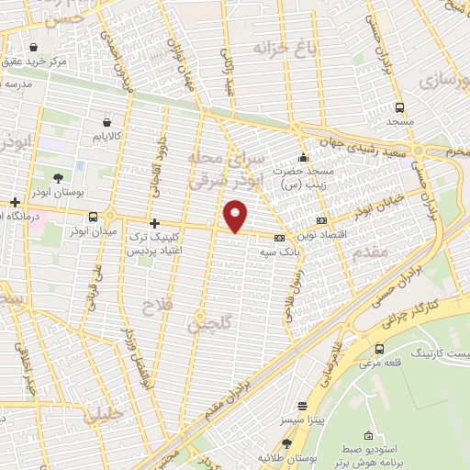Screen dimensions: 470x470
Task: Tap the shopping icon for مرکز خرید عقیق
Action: pyautogui.click(x=34, y=47)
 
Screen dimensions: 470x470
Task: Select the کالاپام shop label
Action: pyautogui.click(x=108, y=137)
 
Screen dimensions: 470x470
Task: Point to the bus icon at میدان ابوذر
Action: pyautogui.click(x=94, y=217)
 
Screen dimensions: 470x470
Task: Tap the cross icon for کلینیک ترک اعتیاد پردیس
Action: pyautogui.click(x=154, y=223)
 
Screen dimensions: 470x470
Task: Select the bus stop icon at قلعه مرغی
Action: pyautogui.click(x=380, y=349)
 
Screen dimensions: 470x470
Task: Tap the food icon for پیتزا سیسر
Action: pyautogui.click(x=300, y=406)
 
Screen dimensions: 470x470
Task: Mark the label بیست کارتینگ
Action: pyautogui.click(x=437, y=352)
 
